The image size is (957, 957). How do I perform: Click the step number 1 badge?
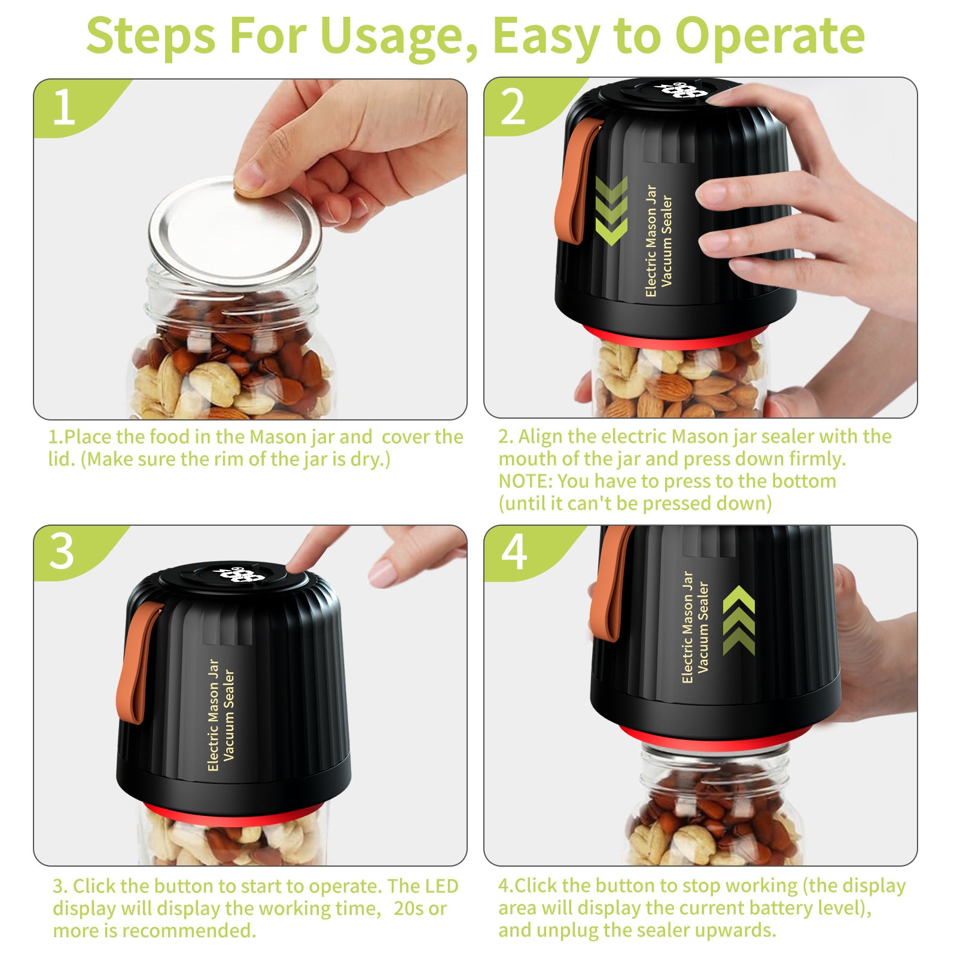click(63, 108)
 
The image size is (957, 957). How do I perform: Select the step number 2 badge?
click(513, 108)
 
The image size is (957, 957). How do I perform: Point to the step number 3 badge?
click(62, 551)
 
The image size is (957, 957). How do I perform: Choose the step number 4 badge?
click(513, 551)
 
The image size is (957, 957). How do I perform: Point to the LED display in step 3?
click(239, 575)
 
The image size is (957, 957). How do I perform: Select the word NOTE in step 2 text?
click(525, 481)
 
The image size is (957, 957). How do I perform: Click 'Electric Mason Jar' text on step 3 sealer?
click(214, 715)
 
